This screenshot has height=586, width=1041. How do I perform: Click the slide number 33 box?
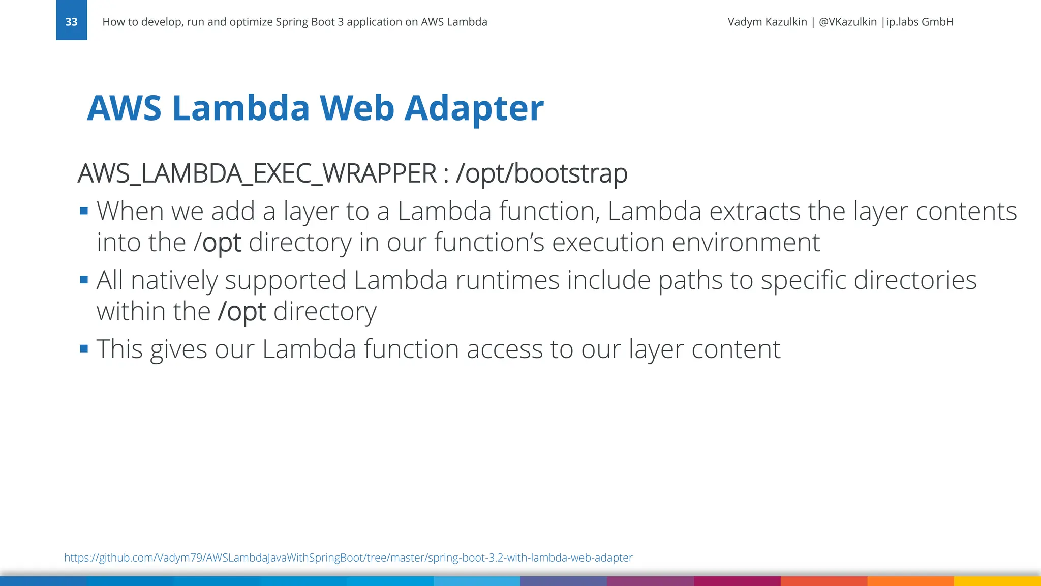72,21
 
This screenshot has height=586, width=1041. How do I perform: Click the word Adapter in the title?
474,108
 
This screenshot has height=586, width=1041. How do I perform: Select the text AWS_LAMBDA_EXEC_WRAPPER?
257,174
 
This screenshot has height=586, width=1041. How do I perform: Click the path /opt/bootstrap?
542,174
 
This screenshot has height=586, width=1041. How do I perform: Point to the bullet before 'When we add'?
84,211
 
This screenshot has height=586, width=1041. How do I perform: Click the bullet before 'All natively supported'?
84,280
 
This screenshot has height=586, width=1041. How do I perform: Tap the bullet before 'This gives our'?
84,349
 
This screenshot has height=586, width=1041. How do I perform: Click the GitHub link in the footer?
348,558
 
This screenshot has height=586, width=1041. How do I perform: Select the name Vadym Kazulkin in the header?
767,22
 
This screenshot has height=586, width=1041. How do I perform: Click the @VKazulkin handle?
847,22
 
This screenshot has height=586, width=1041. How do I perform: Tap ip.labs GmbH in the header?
920,22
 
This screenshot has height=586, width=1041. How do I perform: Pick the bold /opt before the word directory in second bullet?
242,312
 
